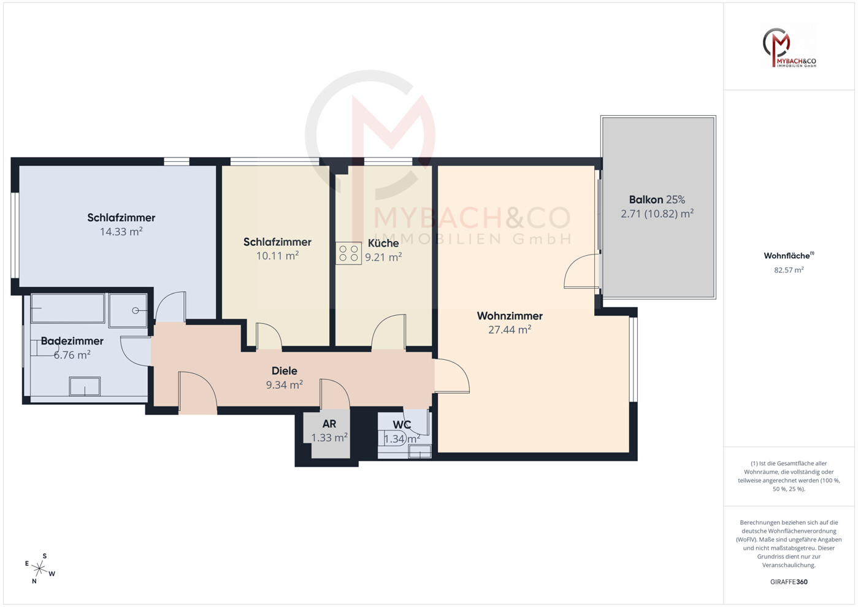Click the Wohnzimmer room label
(x=510, y=316)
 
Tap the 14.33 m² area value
(x=121, y=231)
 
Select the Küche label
(x=383, y=243)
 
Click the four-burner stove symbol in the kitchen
(x=348, y=253)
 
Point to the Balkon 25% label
(x=657, y=199)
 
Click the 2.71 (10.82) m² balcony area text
(x=657, y=213)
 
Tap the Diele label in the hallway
(x=284, y=371)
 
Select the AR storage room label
(x=329, y=424)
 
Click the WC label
(x=402, y=424)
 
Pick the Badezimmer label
(x=72, y=341)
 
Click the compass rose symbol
(x=39, y=569)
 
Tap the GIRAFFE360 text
(x=789, y=582)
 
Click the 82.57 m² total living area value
(x=789, y=270)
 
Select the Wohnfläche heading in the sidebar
(x=789, y=256)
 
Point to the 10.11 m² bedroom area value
(x=277, y=256)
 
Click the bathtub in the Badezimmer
(x=67, y=308)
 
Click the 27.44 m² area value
(x=510, y=330)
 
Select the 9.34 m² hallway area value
(x=284, y=384)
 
